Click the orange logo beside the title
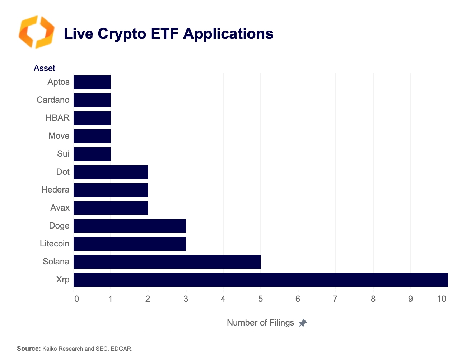click(x=36, y=32)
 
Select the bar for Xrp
click(x=261, y=280)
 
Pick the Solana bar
click(x=167, y=262)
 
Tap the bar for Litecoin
click(x=130, y=244)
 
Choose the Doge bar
click(x=130, y=226)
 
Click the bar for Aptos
click(x=92, y=82)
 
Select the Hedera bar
click(x=111, y=190)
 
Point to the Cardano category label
click(x=53, y=100)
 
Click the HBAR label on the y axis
click(x=57, y=118)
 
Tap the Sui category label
click(x=63, y=154)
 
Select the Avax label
click(x=60, y=208)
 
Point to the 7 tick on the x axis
click(x=335, y=299)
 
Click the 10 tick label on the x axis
click(x=442, y=299)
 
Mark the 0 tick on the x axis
click(x=76, y=299)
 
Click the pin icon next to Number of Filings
click(x=303, y=323)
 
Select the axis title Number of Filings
click(x=260, y=323)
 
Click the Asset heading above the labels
click(x=45, y=68)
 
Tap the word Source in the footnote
click(x=28, y=349)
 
